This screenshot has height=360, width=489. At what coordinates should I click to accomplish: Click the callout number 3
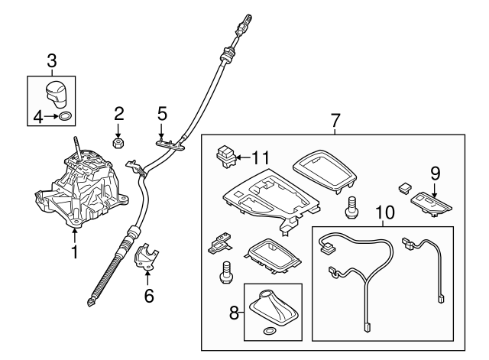click(52, 61)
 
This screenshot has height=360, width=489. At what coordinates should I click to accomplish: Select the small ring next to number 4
click(65, 116)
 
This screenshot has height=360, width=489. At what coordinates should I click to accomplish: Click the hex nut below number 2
click(118, 143)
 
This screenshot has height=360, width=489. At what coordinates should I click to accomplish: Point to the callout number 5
click(163, 114)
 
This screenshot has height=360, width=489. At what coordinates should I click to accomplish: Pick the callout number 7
click(335, 120)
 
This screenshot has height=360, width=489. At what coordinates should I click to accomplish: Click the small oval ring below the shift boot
click(270, 331)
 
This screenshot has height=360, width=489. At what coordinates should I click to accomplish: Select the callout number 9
click(435, 174)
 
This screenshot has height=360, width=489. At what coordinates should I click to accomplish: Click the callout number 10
click(385, 212)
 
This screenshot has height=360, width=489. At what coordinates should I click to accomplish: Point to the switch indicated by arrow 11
click(226, 156)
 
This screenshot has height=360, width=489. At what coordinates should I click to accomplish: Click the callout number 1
click(75, 251)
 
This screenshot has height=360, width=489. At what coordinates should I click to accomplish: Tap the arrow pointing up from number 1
click(75, 236)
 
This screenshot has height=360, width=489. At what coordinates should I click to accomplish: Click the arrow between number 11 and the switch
click(243, 157)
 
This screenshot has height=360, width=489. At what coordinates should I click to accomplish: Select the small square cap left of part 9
click(405, 188)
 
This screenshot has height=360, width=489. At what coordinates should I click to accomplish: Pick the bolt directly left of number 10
click(351, 207)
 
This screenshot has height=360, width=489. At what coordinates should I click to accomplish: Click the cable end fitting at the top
click(244, 24)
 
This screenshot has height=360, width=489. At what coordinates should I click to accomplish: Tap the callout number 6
click(149, 296)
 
